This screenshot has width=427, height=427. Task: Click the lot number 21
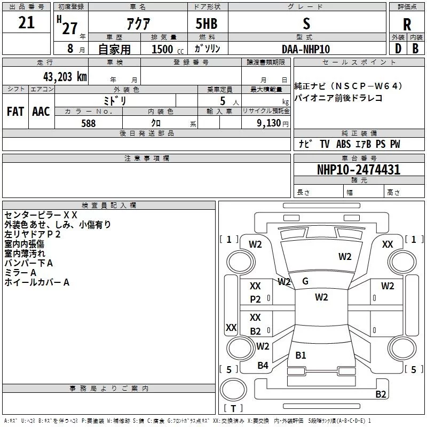pos(26,22)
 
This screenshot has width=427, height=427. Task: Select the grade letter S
pos(306,23)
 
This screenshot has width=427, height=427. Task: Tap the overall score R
pos(407,24)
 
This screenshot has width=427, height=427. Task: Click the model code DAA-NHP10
pos(306,49)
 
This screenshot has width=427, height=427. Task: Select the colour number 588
pos(88,123)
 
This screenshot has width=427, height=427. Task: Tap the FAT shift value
pos(15,112)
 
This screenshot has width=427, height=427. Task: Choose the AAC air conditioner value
pos(41,112)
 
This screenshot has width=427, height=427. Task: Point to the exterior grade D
pos(398,49)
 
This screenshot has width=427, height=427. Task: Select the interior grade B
pos(415,49)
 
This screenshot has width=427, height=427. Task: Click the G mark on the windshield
pos(305,281)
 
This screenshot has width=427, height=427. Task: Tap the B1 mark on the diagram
pos(301,355)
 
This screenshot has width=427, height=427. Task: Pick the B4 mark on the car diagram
pos(263,366)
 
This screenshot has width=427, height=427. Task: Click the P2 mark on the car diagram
pos(256,299)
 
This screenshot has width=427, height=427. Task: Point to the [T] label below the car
pos(233,409)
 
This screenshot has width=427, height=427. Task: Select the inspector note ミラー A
pos(20,273)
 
